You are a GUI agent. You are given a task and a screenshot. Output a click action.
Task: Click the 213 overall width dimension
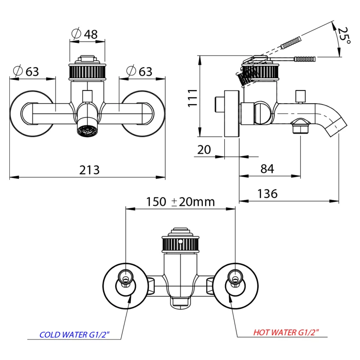(90, 170)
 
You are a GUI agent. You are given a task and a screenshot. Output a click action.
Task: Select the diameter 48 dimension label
(85, 34)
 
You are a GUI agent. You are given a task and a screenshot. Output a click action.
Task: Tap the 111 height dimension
(193, 97)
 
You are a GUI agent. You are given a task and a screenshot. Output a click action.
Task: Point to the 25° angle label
(345, 37)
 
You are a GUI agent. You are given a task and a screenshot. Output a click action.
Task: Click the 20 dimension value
(204, 149)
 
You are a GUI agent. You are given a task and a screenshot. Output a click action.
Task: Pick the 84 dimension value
(267, 169)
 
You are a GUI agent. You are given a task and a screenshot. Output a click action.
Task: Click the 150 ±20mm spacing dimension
(180, 202)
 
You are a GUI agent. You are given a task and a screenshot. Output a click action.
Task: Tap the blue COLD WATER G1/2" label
(73, 335)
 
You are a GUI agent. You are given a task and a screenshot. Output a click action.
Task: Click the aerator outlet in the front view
(87, 130)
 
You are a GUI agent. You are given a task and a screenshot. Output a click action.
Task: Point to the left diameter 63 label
(26, 72)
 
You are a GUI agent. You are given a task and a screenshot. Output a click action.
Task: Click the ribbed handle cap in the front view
(87, 72)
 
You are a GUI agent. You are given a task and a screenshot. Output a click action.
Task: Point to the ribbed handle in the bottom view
(180, 243)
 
